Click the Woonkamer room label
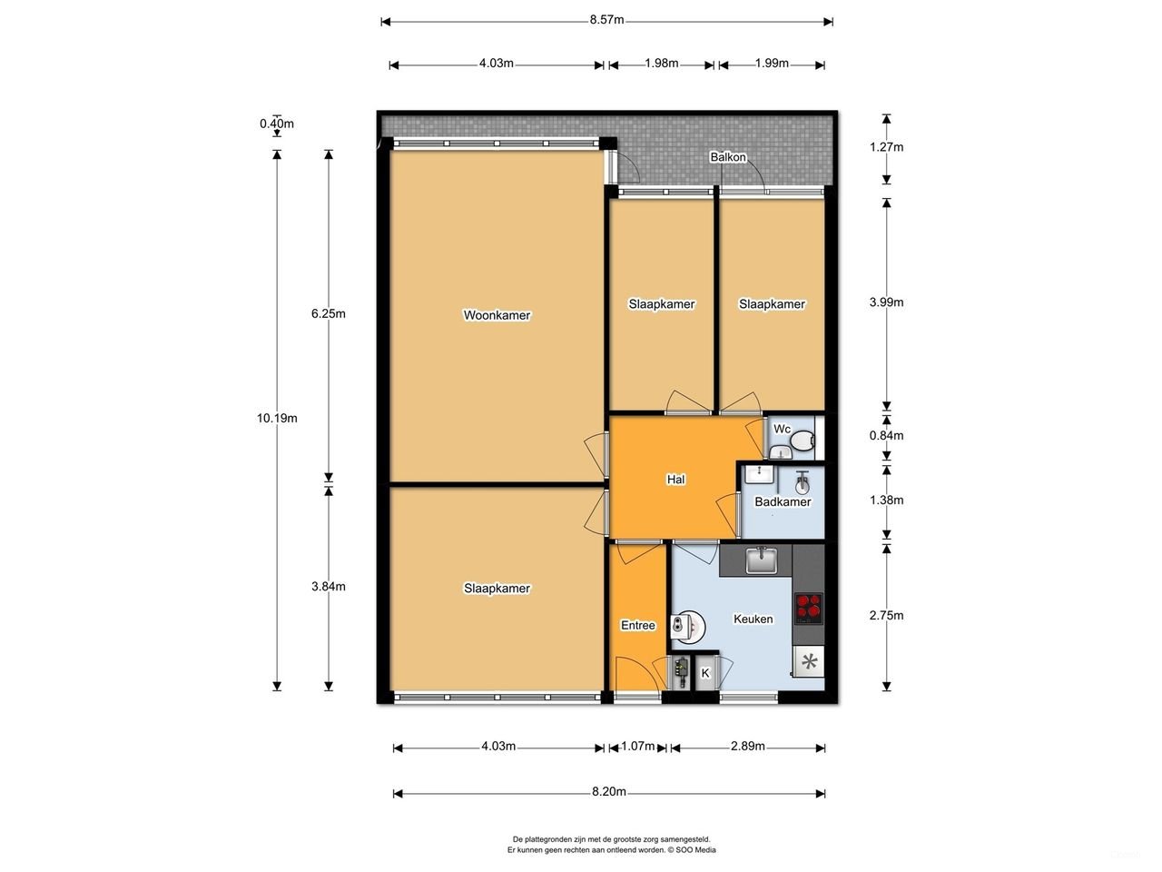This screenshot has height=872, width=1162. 497,315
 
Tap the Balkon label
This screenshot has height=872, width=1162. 728,157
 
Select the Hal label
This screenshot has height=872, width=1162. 675,479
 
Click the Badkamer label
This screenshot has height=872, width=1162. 783,501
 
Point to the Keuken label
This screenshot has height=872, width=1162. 753,619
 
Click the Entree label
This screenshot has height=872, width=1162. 638,625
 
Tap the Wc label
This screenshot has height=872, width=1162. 783,429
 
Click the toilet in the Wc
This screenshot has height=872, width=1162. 802,442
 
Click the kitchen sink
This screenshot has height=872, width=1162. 760,560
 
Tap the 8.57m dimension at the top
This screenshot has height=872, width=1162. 606,20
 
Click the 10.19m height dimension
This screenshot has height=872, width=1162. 277,418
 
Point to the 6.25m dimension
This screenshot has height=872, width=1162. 329,313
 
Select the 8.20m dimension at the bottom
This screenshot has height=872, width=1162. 609,791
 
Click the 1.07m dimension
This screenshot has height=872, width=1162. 638,746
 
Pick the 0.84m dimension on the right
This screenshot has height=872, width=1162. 886,435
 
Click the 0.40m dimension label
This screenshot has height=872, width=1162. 277,124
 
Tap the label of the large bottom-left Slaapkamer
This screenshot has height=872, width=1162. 497,588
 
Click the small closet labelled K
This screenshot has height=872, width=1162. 704,673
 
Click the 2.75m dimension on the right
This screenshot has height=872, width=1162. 886,615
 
